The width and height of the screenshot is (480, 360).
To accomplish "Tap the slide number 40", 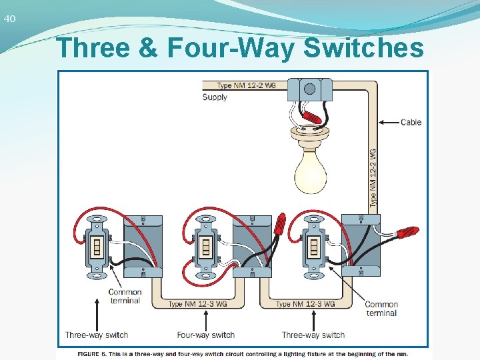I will click(x=9, y=19).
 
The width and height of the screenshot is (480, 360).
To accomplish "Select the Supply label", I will click(x=215, y=97).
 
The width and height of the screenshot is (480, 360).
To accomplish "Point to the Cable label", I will click(x=411, y=122).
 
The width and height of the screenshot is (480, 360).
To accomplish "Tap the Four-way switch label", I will click(x=205, y=335).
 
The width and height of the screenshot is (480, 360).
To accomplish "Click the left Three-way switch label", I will click(x=97, y=335).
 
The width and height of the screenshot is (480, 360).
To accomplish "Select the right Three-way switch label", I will click(x=313, y=335).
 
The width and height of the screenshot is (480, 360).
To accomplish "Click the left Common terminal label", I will click(x=125, y=296).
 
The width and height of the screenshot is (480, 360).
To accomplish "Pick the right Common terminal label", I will click(x=381, y=309).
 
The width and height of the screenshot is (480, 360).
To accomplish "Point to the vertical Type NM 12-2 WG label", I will click(x=373, y=176).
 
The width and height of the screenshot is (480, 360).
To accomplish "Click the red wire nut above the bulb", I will click(x=311, y=117).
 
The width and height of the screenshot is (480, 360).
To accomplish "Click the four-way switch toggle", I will click(x=206, y=248).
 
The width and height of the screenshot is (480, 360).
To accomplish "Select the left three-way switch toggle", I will click(x=97, y=248).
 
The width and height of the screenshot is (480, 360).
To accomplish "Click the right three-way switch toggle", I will click(x=313, y=248).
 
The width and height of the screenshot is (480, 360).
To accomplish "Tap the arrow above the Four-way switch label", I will click(x=205, y=313).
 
